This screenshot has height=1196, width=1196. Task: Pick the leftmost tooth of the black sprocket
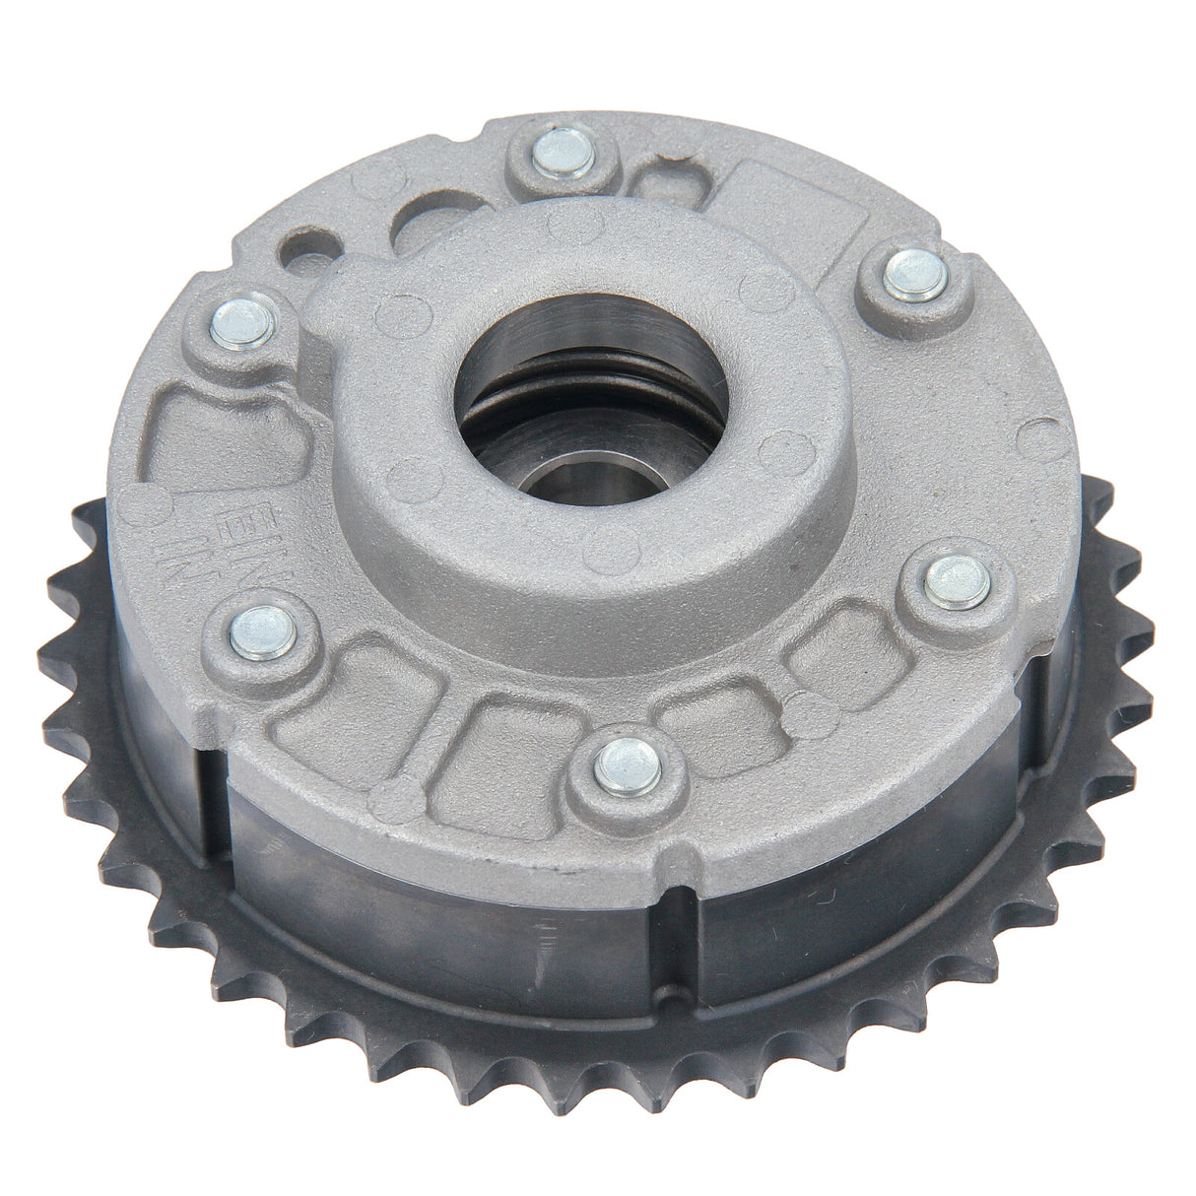(59, 591)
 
